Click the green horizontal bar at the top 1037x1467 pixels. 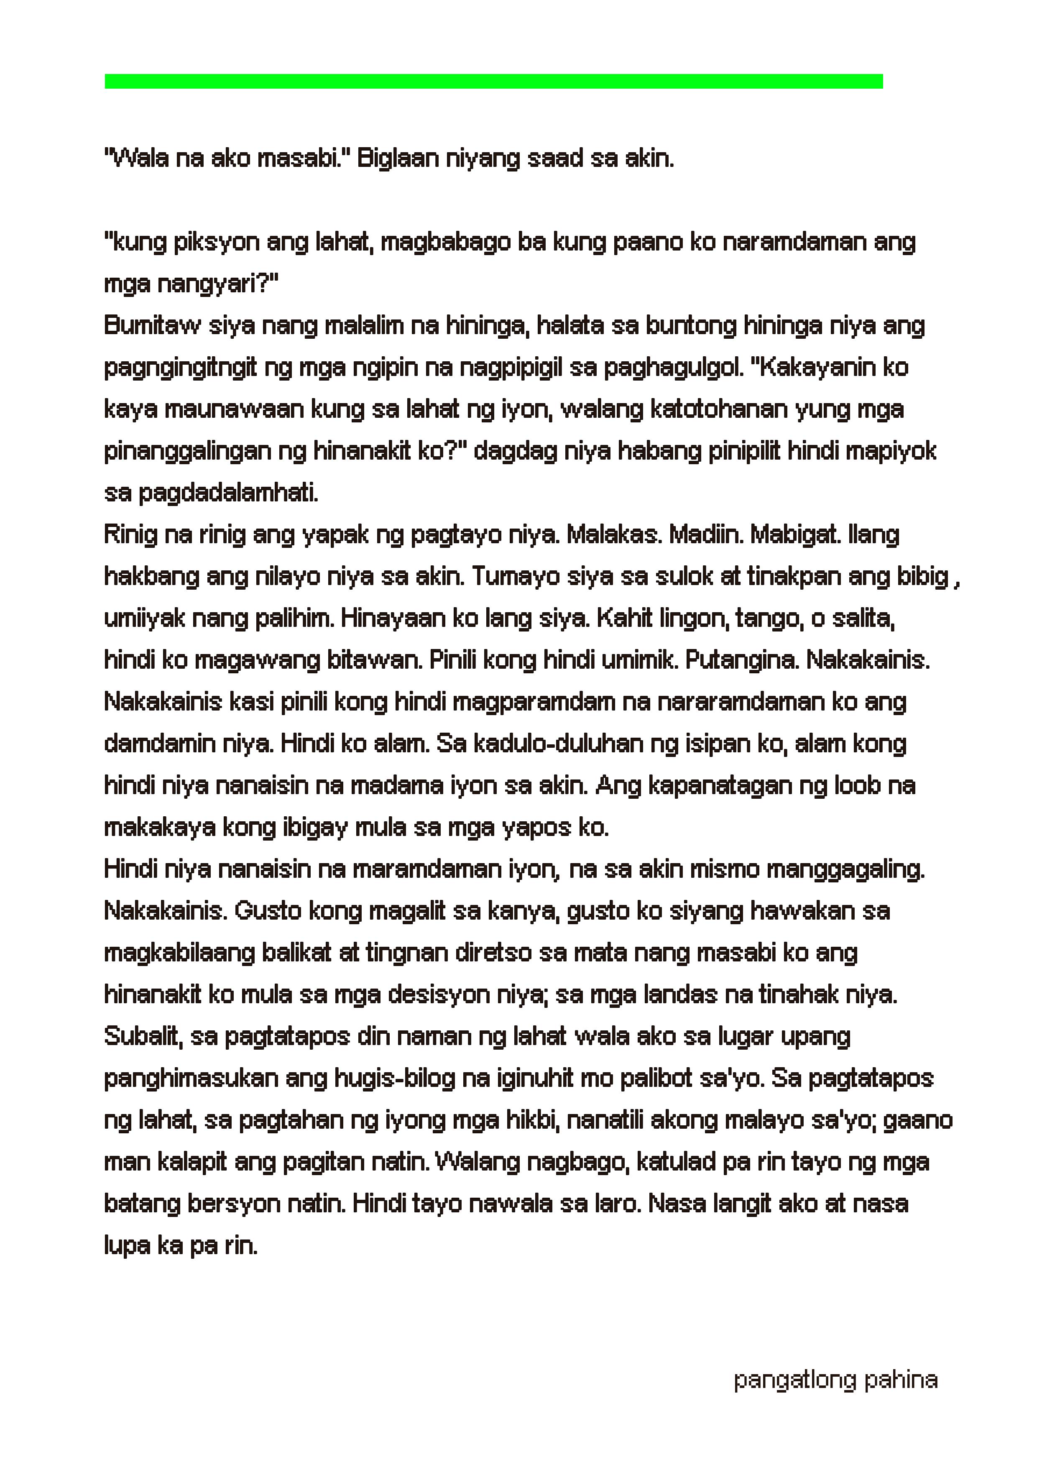493,81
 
